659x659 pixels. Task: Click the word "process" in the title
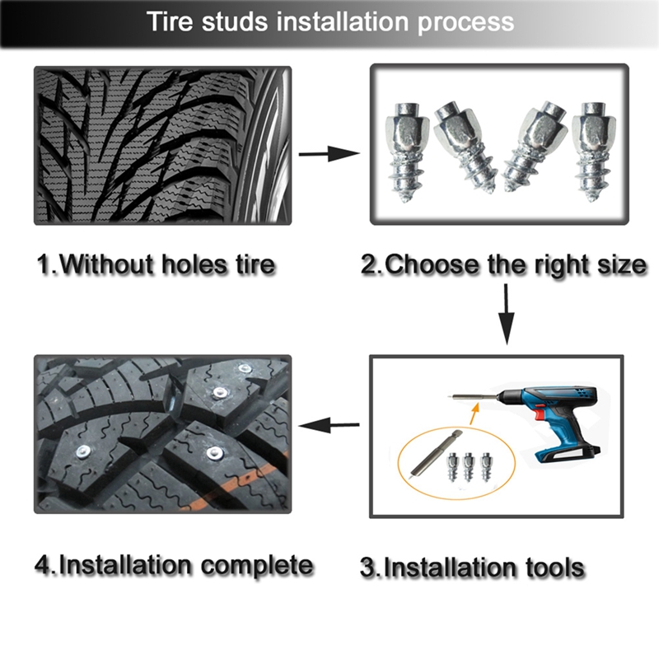tap(465, 22)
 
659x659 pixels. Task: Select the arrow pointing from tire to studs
tap(329, 154)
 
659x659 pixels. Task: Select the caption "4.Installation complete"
tap(174, 565)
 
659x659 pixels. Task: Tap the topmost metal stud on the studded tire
tap(244, 371)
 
